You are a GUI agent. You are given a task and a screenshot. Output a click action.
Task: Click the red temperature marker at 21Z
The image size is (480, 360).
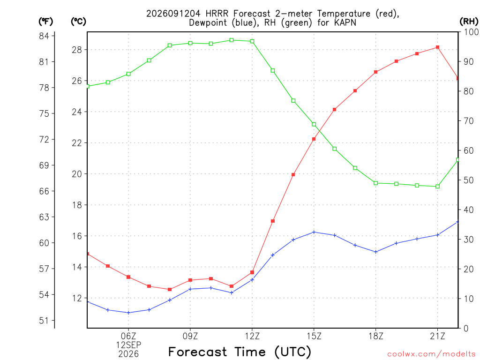[437, 47]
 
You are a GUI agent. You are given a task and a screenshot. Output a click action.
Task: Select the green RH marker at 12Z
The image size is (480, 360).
[252, 41]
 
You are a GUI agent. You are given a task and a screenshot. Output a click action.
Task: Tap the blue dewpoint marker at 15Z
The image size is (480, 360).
[314, 232]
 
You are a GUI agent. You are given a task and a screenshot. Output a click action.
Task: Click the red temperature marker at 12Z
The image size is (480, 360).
[252, 272]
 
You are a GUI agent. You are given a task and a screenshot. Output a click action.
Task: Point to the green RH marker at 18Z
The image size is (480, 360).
[375, 183]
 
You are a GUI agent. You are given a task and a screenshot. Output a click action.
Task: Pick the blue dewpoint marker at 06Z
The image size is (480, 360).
[128, 313]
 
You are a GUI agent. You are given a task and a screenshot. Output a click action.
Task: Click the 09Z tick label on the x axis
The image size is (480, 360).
[190, 336]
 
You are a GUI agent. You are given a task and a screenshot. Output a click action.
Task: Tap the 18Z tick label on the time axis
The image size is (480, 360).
[375, 336]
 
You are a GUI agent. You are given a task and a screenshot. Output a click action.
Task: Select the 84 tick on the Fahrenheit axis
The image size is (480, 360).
[44, 36]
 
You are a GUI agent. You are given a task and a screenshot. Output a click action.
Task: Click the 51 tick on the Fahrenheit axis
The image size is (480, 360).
[44, 321]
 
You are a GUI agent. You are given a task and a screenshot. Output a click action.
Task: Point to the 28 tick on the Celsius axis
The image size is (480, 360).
[77, 50]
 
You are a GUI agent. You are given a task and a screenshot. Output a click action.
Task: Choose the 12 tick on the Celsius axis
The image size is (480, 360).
[77, 298]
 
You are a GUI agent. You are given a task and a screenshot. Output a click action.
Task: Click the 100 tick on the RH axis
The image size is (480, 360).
[472, 32]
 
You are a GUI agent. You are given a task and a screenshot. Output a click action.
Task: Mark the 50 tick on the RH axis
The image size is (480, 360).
[469, 180]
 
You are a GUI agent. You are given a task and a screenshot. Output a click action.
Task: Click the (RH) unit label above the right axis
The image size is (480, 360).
[469, 21]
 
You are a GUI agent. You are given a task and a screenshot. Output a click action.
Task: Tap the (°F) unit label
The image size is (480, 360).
[45, 21]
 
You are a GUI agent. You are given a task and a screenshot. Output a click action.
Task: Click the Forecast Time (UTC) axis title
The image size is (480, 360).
[240, 352]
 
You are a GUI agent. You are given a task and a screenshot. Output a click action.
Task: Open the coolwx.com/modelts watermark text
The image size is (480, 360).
[431, 354]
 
